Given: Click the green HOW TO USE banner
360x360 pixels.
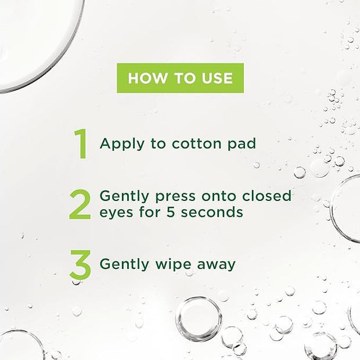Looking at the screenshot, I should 180,78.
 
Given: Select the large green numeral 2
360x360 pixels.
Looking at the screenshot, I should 80,204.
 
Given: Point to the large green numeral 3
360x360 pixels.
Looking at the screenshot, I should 80,264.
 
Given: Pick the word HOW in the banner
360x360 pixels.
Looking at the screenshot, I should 146,78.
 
